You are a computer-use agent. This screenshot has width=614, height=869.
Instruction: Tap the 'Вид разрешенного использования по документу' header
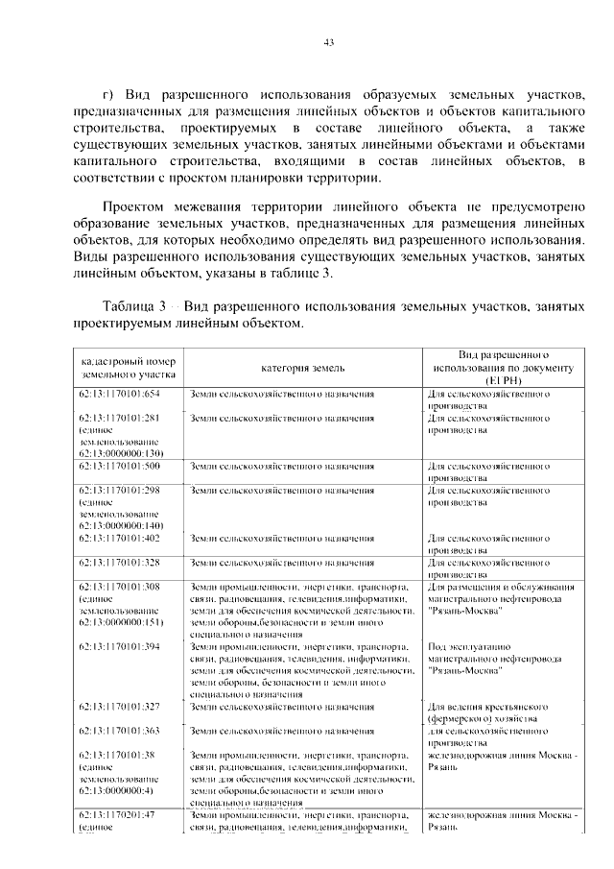(x=502, y=367)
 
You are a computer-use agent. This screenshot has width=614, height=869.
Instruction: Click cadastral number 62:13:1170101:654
(x=119, y=395)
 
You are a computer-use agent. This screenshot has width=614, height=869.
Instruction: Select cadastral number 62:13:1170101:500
(x=119, y=466)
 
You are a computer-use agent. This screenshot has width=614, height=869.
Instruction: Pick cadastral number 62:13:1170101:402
(x=119, y=537)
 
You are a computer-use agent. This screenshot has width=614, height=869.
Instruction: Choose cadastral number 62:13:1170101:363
(x=119, y=731)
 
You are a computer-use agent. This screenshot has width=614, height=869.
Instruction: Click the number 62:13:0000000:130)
(x=123, y=453)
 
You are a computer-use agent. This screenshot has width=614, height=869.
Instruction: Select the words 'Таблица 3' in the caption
(x=135, y=304)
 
